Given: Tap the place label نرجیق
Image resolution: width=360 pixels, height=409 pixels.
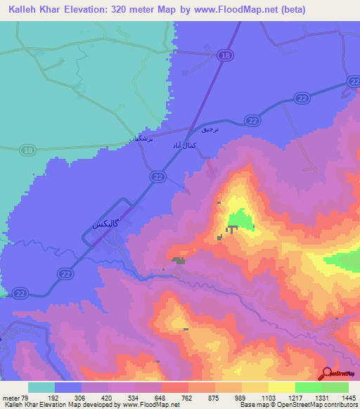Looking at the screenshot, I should coord(210,131).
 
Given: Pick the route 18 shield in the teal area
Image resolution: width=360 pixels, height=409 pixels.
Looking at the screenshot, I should coord(27,150).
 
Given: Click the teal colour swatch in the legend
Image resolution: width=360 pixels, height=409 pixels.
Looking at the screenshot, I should coord(41,387).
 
